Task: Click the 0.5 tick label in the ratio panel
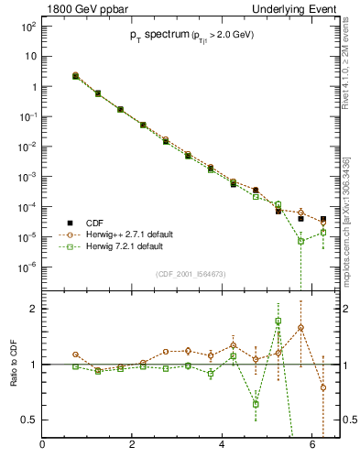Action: [x=27, y=420]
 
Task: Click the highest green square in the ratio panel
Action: [x=278, y=322]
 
